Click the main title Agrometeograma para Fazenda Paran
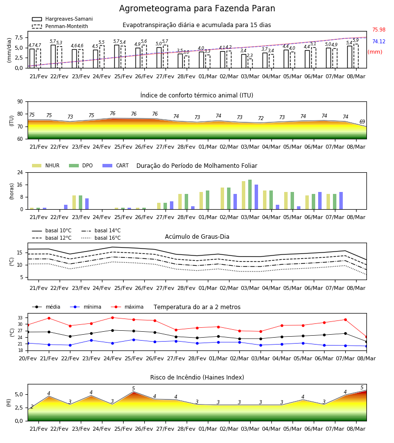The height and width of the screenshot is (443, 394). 197,8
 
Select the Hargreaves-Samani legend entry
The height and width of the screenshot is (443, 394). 63,19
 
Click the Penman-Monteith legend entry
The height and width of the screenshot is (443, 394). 60,26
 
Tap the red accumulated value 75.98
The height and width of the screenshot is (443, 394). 379,30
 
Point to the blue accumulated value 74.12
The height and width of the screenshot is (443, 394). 379,41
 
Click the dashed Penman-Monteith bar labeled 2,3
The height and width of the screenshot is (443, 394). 250,63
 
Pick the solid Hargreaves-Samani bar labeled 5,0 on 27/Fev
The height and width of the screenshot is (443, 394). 159,58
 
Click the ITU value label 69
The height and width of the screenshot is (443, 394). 362,122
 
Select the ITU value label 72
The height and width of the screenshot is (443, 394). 261,118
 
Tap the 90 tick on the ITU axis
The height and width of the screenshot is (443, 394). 20,102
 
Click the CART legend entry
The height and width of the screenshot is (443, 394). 116,165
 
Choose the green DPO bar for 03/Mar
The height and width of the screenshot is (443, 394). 250,194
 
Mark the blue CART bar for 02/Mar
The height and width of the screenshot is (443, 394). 235,202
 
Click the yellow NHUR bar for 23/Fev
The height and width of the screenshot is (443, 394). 74,202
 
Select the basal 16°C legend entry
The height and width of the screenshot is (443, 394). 101,238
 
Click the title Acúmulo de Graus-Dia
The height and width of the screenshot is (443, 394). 197,236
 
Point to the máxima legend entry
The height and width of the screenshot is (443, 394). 127,307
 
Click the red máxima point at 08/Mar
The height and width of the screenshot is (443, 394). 366,337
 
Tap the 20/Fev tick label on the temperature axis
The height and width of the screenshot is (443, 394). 28,358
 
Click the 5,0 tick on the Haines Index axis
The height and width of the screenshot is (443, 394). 19,394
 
